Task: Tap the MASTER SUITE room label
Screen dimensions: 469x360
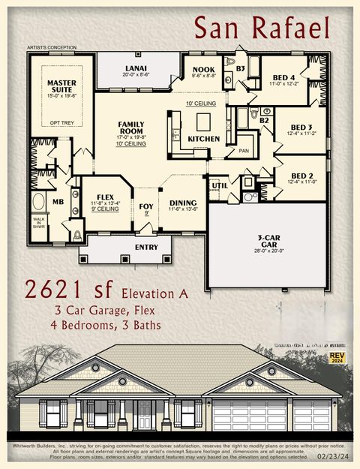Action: [61, 87]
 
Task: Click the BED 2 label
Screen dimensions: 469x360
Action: [300, 176]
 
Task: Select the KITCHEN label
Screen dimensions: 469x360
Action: [203, 139]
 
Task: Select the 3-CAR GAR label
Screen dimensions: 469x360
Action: [268, 240]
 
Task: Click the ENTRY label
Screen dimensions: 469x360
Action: [146, 246]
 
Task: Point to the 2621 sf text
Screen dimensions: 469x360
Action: [67, 289]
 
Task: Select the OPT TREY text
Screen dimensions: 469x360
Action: [61, 122]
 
